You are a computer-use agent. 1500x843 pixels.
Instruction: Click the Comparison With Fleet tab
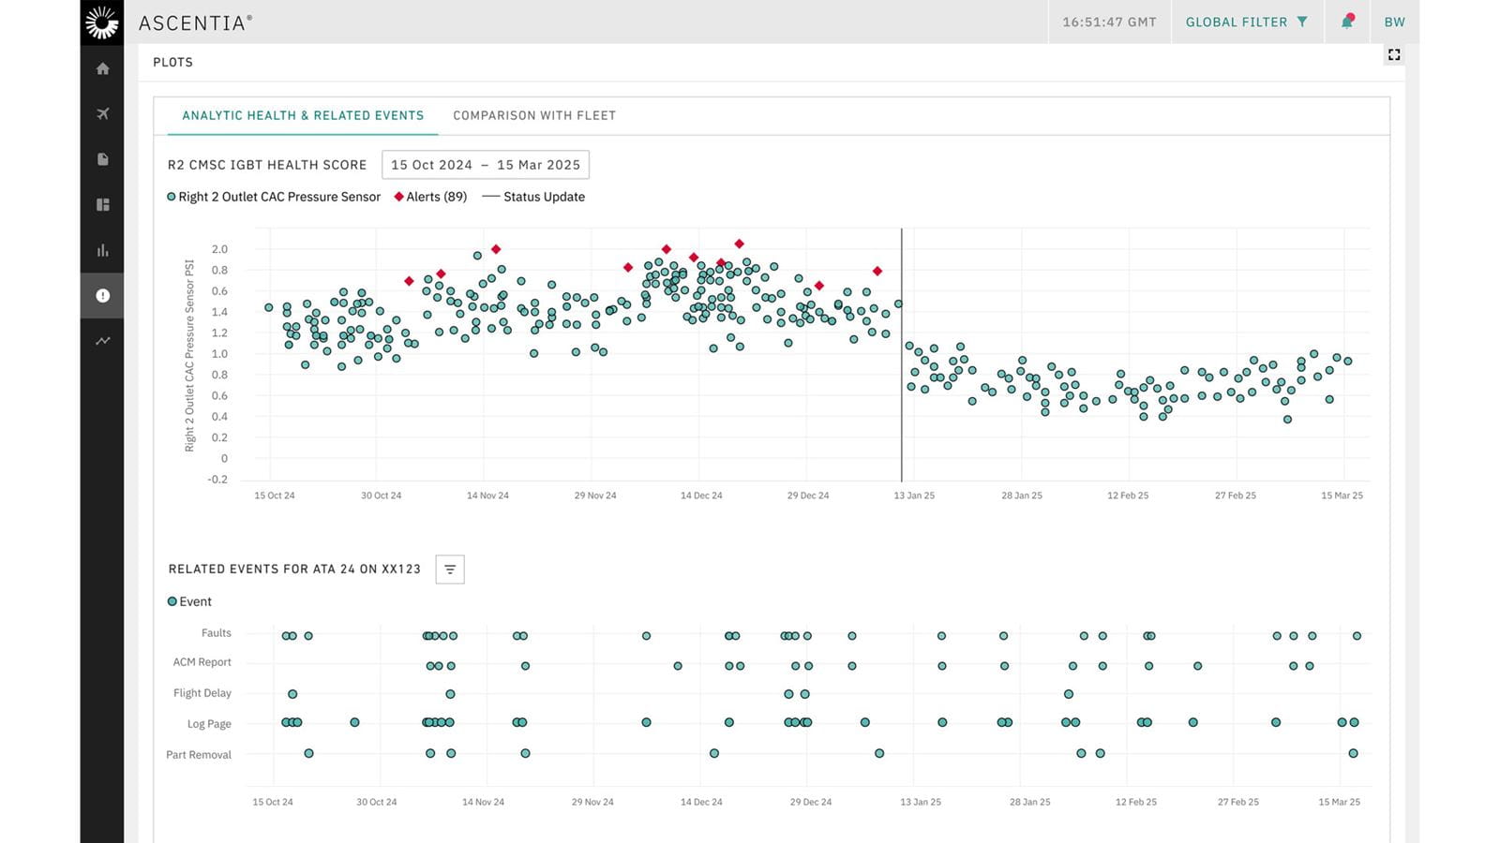tap(534, 115)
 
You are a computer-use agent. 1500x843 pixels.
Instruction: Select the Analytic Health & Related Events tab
tap(303, 115)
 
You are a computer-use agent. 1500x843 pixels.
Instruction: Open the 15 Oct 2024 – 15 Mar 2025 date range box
tap(485, 165)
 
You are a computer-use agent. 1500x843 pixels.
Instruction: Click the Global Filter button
tap(1246, 22)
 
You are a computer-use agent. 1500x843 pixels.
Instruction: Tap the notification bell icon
tap(1347, 22)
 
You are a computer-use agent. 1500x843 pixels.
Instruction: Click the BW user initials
tap(1394, 22)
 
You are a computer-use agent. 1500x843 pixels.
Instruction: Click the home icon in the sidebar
tap(103, 68)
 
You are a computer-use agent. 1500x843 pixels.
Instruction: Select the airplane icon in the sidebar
tap(103, 114)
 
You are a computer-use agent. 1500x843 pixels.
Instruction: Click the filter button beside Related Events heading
tap(450, 569)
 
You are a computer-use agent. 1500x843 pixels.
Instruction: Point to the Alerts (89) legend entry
tap(430, 197)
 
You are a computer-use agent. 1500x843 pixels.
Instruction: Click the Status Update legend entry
tap(533, 197)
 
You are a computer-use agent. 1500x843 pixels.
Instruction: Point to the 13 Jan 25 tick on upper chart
tap(914, 495)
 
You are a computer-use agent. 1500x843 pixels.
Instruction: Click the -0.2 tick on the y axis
tap(217, 480)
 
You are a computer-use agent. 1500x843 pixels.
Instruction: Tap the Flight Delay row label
tap(202, 693)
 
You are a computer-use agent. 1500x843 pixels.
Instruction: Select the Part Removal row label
tap(199, 755)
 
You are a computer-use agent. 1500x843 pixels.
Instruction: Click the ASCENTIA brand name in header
tap(194, 22)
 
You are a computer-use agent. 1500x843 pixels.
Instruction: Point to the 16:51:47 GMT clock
tap(1109, 22)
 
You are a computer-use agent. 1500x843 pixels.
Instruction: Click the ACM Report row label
tap(202, 662)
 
